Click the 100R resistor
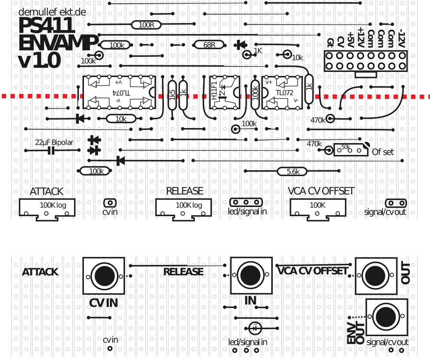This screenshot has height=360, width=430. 146,25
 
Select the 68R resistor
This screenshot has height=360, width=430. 209,45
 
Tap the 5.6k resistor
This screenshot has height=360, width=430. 293,171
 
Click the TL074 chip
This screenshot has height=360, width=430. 119,92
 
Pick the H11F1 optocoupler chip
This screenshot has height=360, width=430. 223,92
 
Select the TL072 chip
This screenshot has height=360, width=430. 282,92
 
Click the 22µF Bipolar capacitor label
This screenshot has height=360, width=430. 54,142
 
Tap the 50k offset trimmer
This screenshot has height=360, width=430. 350,150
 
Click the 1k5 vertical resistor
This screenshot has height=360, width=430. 172,95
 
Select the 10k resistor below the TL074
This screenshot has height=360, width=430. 121,119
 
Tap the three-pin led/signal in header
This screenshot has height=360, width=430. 246,202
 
